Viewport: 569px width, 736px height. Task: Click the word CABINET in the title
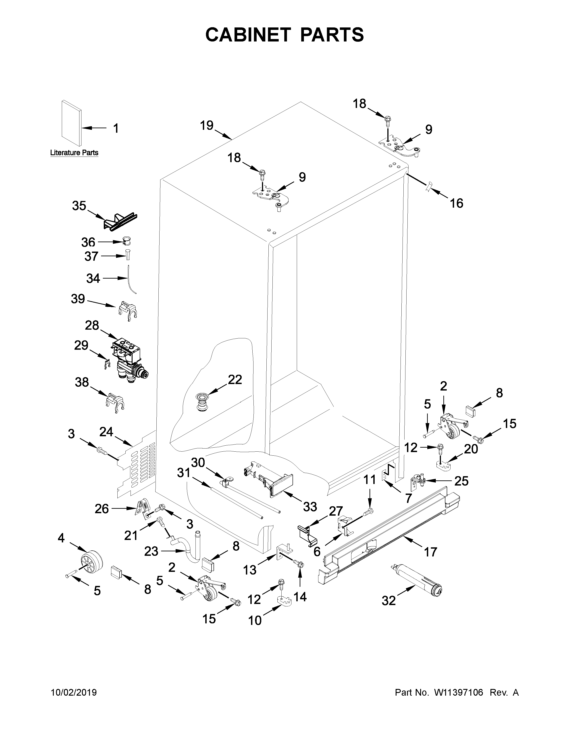pyautogui.click(x=248, y=35)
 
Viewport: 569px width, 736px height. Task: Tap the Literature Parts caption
pyautogui.click(x=74, y=153)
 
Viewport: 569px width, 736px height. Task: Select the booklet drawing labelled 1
pyautogui.click(x=71, y=123)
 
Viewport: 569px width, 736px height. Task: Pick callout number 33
pyautogui.click(x=310, y=506)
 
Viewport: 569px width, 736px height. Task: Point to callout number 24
pyautogui.click(x=106, y=432)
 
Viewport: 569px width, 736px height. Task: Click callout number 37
pyautogui.click(x=91, y=256)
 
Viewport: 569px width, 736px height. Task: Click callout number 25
pyautogui.click(x=461, y=481)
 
